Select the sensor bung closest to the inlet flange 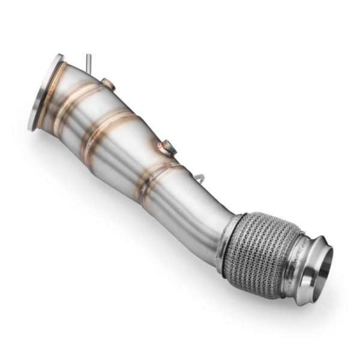coord(107,83)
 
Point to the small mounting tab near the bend coord(200,178)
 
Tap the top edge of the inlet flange coord(59,58)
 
